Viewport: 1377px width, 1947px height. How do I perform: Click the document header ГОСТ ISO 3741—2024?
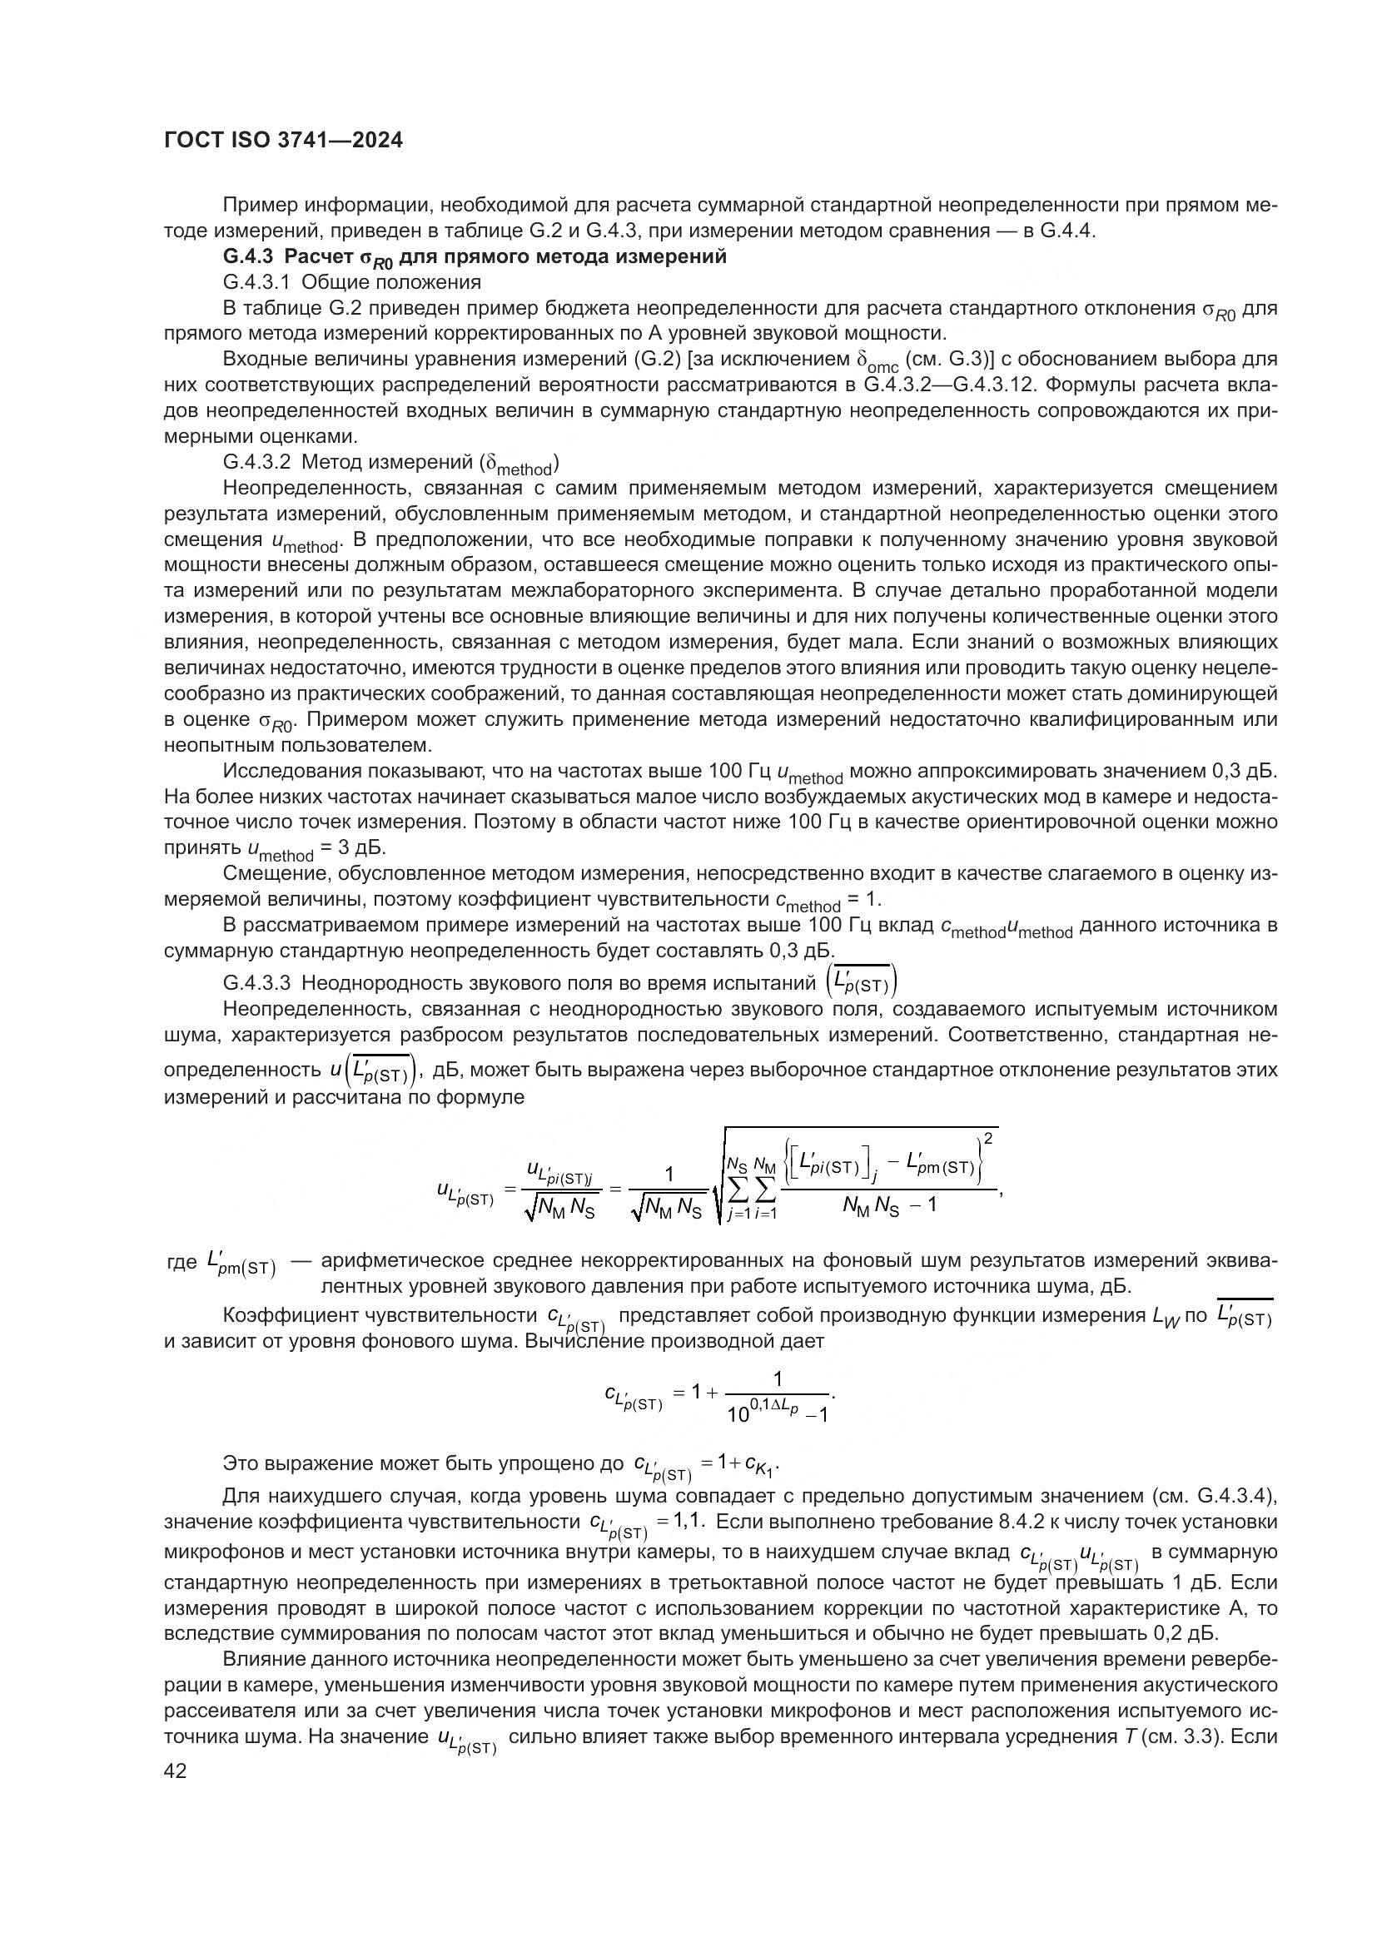tap(283, 141)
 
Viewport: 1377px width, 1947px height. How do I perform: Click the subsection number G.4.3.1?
tap(257, 282)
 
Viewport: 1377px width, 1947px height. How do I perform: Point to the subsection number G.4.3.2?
tap(257, 463)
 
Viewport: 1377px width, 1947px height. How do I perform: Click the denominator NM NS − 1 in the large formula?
tap(889, 1205)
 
